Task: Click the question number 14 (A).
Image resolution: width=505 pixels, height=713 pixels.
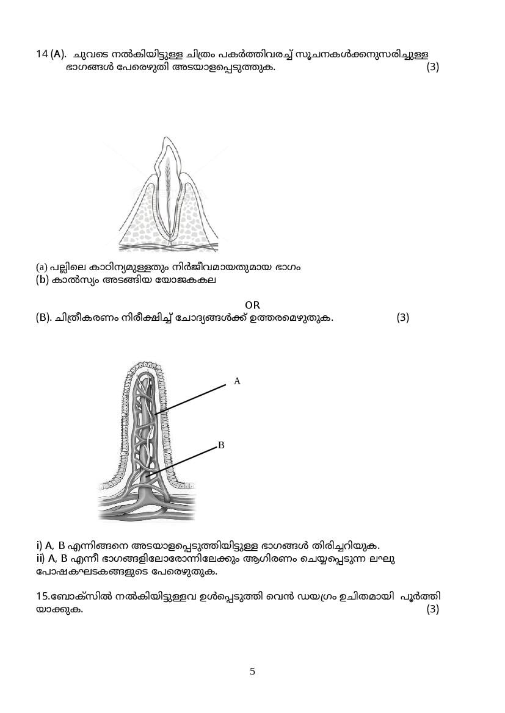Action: click(x=51, y=54)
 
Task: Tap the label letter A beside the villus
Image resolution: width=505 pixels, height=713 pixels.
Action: click(x=238, y=381)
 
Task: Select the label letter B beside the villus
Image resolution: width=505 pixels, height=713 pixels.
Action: click(x=221, y=446)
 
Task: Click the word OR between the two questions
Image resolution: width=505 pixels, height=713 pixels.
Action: click(x=252, y=305)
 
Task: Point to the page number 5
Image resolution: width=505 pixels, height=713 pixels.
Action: click(x=252, y=672)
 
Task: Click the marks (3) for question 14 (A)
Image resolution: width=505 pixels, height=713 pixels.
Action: click(x=432, y=67)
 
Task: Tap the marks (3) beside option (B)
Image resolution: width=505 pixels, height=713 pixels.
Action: click(x=402, y=318)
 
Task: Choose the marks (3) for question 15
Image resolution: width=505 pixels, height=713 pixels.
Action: click(x=432, y=609)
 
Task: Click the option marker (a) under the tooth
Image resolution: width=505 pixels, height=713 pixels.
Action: click(x=42, y=267)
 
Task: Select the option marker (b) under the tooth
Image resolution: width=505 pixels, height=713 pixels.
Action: click(x=42, y=280)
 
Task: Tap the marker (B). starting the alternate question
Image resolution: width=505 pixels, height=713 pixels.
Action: click(x=43, y=318)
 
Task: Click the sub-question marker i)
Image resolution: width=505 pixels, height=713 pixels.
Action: click(x=39, y=545)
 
